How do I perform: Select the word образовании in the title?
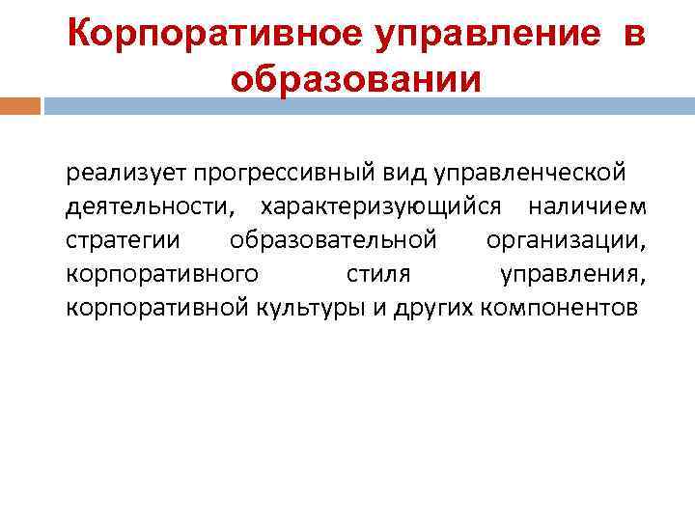tap(354, 78)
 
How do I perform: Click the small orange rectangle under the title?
tap(20, 105)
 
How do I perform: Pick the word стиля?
tap(378, 273)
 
